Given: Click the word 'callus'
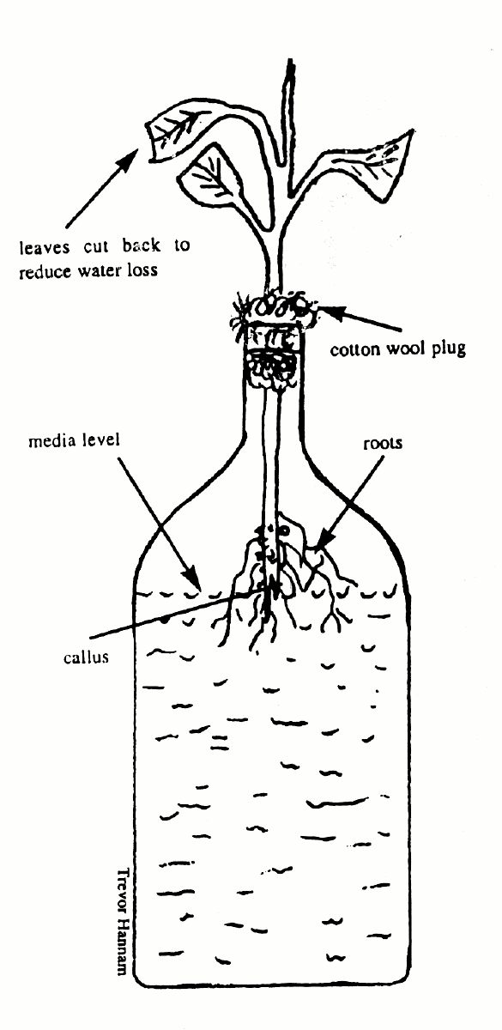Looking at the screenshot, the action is pos(87,656).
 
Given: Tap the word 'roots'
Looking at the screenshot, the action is pos(383,444).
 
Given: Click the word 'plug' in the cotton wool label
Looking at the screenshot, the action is pos(448,349).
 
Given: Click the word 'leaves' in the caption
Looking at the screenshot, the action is pos(45,247).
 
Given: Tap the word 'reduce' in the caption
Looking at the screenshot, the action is pos(45,272).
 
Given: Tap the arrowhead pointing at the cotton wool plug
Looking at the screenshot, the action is pos(329,312).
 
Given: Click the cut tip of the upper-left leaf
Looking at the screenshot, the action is pos(150,142).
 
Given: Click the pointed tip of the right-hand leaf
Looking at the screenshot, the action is pos(412,130).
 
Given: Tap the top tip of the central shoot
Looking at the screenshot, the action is pos(290,60).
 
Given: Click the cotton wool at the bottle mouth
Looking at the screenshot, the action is pos(275,305).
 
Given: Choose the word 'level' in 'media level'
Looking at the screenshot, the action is pos(100,439).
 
